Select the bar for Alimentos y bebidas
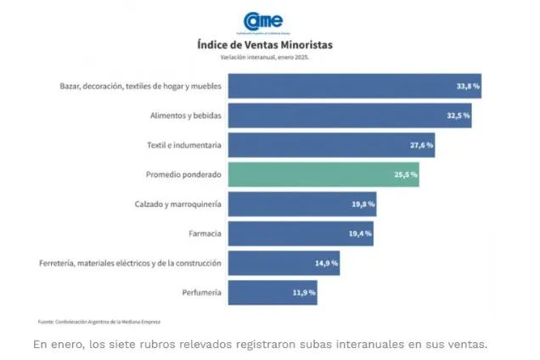348,115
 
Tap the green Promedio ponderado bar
323,174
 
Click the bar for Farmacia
301,233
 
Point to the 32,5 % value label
458,115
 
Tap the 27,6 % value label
421,145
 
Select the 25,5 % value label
405,175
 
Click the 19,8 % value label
363,205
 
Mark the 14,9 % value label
327,263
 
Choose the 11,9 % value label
304,293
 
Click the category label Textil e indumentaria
184,145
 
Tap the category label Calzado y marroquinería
178,205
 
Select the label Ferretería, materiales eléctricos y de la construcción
131,263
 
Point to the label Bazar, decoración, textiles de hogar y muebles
140,86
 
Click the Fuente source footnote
98,322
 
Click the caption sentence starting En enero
261,344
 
